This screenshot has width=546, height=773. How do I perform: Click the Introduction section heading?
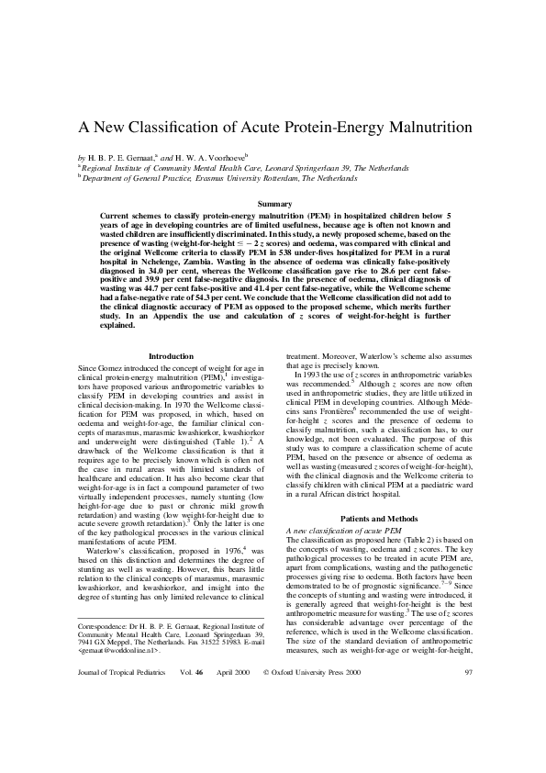click(x=172, y=355)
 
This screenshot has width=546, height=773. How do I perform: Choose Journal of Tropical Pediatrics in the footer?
click(x=119, y=750)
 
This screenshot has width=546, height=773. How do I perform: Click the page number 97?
click(x=470, y=750)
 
